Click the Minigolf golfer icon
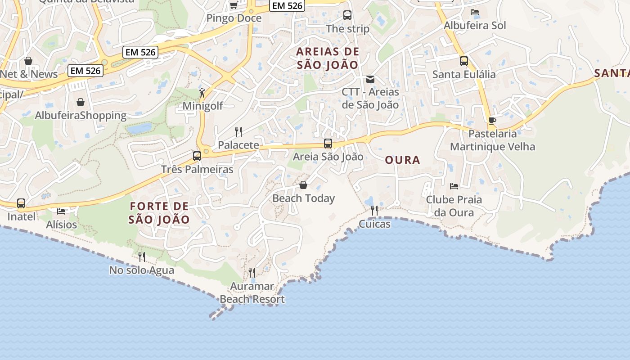pos(202,93)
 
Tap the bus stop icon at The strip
pos(347,15)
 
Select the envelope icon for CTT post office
pos(370,79)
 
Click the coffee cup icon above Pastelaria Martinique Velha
pos(492,121)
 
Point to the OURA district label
pos(403,160)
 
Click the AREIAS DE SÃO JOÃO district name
pos(328,58)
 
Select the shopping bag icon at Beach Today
pos(303,185)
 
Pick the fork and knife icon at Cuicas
pos(374,211)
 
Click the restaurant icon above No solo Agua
pos(142,257)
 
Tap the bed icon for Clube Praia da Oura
pos(454,186)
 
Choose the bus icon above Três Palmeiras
pos(197,156)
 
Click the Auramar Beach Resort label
pos(252,293)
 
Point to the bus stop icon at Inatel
pos(21,203)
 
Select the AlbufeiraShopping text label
pos(81,116)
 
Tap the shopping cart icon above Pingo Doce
pos(234,5)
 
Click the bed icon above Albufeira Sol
pos(474,12)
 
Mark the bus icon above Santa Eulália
pos(464,61)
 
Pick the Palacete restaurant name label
pos(238,145)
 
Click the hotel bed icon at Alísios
pos(61,211)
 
